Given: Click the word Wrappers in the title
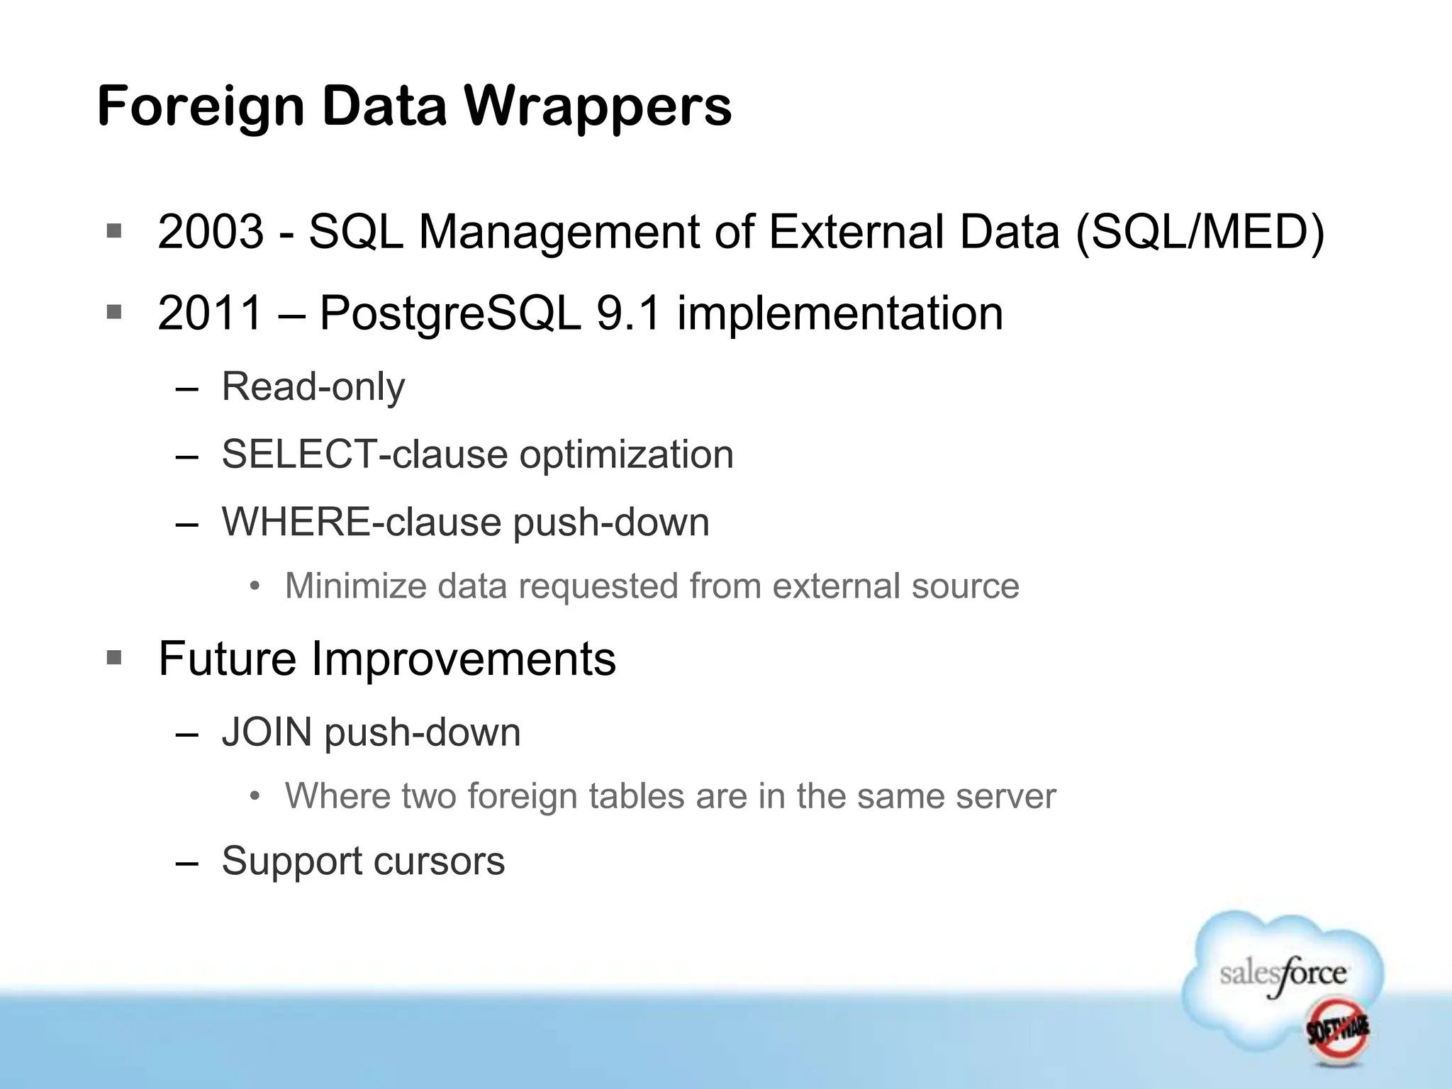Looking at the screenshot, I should click(x=597, y=106).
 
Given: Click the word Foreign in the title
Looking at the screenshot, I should click(x=201, y=106).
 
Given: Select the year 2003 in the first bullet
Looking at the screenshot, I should click(x=211, y=232).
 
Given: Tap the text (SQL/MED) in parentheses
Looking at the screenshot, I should click(x=1200, y=232).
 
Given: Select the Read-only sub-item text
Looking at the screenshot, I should click(x=313, y=387).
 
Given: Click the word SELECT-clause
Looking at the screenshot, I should click(x=364, y=454).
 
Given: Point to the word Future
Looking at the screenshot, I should click(x=227, y=659).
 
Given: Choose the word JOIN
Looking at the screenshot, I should click(x=267, y=732).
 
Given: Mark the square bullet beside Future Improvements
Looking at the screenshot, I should click(x=114, y=658).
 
